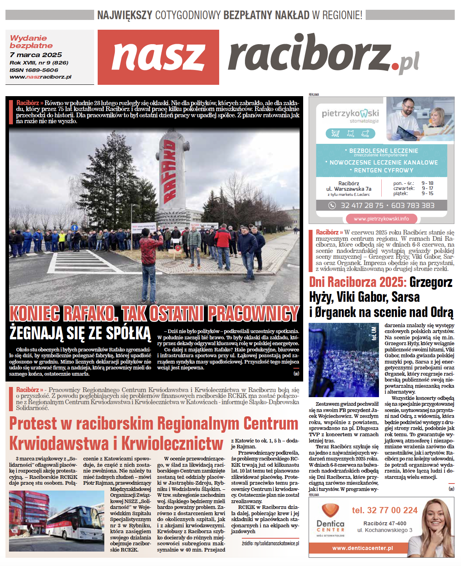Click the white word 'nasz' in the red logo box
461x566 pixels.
tap(158, 57)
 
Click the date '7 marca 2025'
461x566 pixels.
tap(36, 55)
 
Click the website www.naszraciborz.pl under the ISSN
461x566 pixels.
tap(41, 77)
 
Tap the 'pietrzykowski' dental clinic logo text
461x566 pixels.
tap(350, 113)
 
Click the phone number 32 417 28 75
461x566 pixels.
tap(362, 205)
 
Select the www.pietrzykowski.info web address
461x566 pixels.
tap(381, 219)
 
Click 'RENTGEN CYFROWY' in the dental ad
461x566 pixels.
tap(383, 170)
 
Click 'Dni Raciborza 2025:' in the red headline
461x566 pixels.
tap(357, 282)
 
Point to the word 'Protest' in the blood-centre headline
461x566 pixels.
tap(33, 424)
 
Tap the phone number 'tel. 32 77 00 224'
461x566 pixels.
tap(384, 510)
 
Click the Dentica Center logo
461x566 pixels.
tap(331, 520)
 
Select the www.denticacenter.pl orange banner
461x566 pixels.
tap(362, 548)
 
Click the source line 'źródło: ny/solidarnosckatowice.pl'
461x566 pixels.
tap(270, 543)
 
